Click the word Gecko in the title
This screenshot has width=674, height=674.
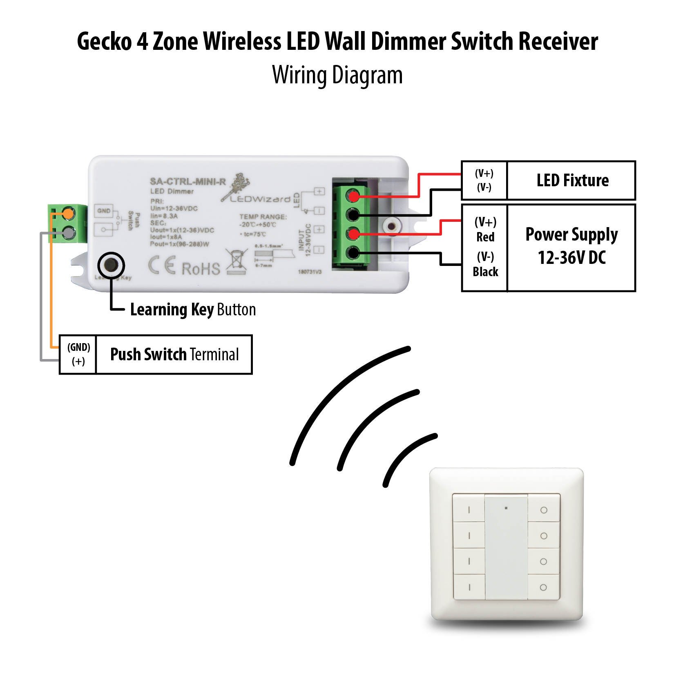pos(104,42)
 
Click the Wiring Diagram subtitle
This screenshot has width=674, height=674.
pos(337,76)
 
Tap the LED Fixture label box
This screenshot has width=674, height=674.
pos(572,181)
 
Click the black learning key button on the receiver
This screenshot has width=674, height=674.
pos(111,265)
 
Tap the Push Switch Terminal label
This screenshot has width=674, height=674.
pos(174,354)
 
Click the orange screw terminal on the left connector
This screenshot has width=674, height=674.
pos(68,213)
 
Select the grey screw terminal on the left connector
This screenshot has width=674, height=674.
pos(68,233)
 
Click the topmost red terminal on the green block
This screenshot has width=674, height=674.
pos(353,196)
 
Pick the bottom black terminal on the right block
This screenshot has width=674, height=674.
pos(353,253)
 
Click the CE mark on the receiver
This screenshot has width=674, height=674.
pos(162,266)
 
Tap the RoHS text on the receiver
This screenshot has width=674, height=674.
pos(201,269)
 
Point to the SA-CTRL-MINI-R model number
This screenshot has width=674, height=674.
pos(187,181)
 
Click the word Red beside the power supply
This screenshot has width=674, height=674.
pos(485,237)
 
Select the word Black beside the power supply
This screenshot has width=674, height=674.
pos(485,272)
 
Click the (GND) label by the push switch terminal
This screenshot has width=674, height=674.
pos(78,347)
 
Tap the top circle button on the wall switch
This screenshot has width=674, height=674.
pos(544,510)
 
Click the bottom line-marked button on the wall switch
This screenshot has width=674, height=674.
pos(469,587)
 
